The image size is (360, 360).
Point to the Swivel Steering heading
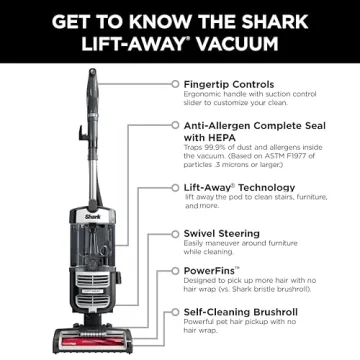point(221,233)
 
